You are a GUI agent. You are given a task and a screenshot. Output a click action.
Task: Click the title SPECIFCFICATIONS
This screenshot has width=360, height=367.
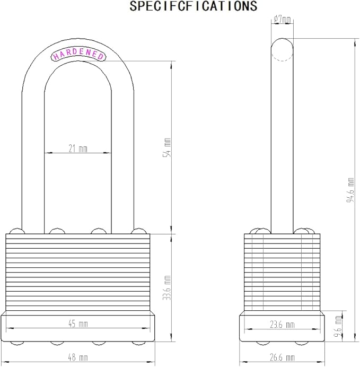pos(193,6)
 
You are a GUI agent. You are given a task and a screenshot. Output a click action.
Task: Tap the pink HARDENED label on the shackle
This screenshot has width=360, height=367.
pos(78,55)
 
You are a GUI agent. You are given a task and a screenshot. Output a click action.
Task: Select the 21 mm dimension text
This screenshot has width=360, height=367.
pos(78,148)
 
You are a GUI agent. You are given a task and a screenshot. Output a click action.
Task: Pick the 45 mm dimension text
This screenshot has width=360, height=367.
pos(78,324)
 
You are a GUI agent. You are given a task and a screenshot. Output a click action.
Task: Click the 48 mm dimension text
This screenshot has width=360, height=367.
pos(78,357)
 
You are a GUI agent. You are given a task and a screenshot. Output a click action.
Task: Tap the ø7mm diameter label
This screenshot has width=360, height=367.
pos(282,20)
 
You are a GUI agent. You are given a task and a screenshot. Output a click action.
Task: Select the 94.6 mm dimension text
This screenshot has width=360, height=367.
pos(350,190)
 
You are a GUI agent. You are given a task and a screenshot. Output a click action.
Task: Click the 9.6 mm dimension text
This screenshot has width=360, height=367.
pos(339,323)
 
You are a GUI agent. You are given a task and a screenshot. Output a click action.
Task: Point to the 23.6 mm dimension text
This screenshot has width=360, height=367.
pos(282,324)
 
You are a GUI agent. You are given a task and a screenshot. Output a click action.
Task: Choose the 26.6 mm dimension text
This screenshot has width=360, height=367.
pos(282,357)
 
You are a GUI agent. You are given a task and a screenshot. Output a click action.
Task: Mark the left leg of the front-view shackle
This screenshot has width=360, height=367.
pos(32,159)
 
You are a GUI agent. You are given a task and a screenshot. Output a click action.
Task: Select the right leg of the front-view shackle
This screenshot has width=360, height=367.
pos(122,159)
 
